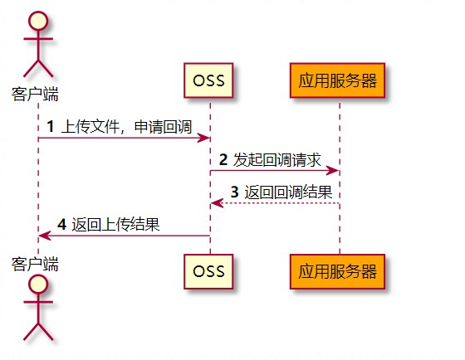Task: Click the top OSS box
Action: [x=208, y=80]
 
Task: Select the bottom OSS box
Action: [x=208, y=271]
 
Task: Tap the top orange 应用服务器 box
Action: [x=337, y=80]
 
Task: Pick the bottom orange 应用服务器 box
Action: [x=337, y=271]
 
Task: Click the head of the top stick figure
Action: [x=38, y=21]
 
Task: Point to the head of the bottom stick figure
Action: [x=38, y=285]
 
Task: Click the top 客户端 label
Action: [x=35, y=95]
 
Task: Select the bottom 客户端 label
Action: [x=35, y=264]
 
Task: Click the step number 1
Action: [x=51, y=127]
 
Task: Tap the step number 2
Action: [x=223, y=159]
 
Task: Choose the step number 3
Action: [x=234, y=192]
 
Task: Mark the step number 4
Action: [x=61, y=224]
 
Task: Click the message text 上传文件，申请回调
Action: [x=126, y=127]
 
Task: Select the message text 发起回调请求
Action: [x=277, y=160]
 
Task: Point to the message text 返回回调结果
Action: [x=288, y=192]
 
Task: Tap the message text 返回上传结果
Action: [x=115, y=225]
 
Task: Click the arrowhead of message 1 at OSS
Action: [x=203, y=138]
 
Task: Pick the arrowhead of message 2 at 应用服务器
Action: [x=333, y=170]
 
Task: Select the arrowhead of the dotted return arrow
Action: [x=217, y=203]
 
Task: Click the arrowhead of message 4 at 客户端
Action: [x=45, y=236]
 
